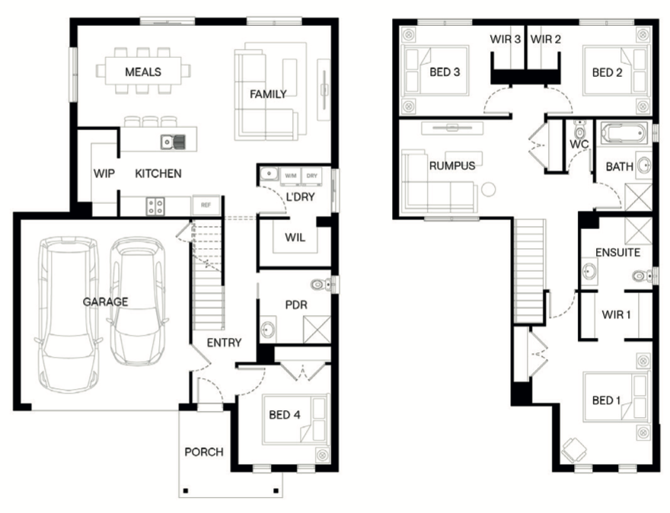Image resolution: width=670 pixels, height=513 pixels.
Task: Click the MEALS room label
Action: coord(143,72)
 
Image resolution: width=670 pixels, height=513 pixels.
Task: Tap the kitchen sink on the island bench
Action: coord(173,142)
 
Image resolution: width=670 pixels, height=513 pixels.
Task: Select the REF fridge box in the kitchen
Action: coord(206,205)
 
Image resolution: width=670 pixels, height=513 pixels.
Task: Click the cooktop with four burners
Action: coord(155,206)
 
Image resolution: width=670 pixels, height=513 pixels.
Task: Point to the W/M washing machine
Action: coord(291,176)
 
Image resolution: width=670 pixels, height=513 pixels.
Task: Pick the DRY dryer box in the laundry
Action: coord(312,176)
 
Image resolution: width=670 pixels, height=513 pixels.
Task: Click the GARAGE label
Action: coord(105,302)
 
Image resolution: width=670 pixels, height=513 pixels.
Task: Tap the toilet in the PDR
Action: coord(321,284)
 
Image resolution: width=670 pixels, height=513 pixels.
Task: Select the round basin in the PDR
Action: coord(268,329)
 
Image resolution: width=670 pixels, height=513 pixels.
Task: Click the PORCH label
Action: coord(204,452)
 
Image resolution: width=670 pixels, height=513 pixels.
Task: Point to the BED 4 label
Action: coord(285,415)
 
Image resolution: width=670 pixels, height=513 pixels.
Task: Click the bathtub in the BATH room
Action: coord(624,133)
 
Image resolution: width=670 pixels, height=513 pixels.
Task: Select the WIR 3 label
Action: coord(506,40)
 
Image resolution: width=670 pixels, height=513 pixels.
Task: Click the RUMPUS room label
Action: coord(452,166)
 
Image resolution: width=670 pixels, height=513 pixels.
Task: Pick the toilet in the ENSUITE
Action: coord(643,276)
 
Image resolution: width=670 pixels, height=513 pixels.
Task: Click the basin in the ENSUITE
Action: coord(589,271)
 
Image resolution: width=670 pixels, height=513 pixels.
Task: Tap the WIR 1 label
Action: coord(616,315)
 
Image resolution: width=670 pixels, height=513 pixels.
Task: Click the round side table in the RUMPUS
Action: coord(488,190)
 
